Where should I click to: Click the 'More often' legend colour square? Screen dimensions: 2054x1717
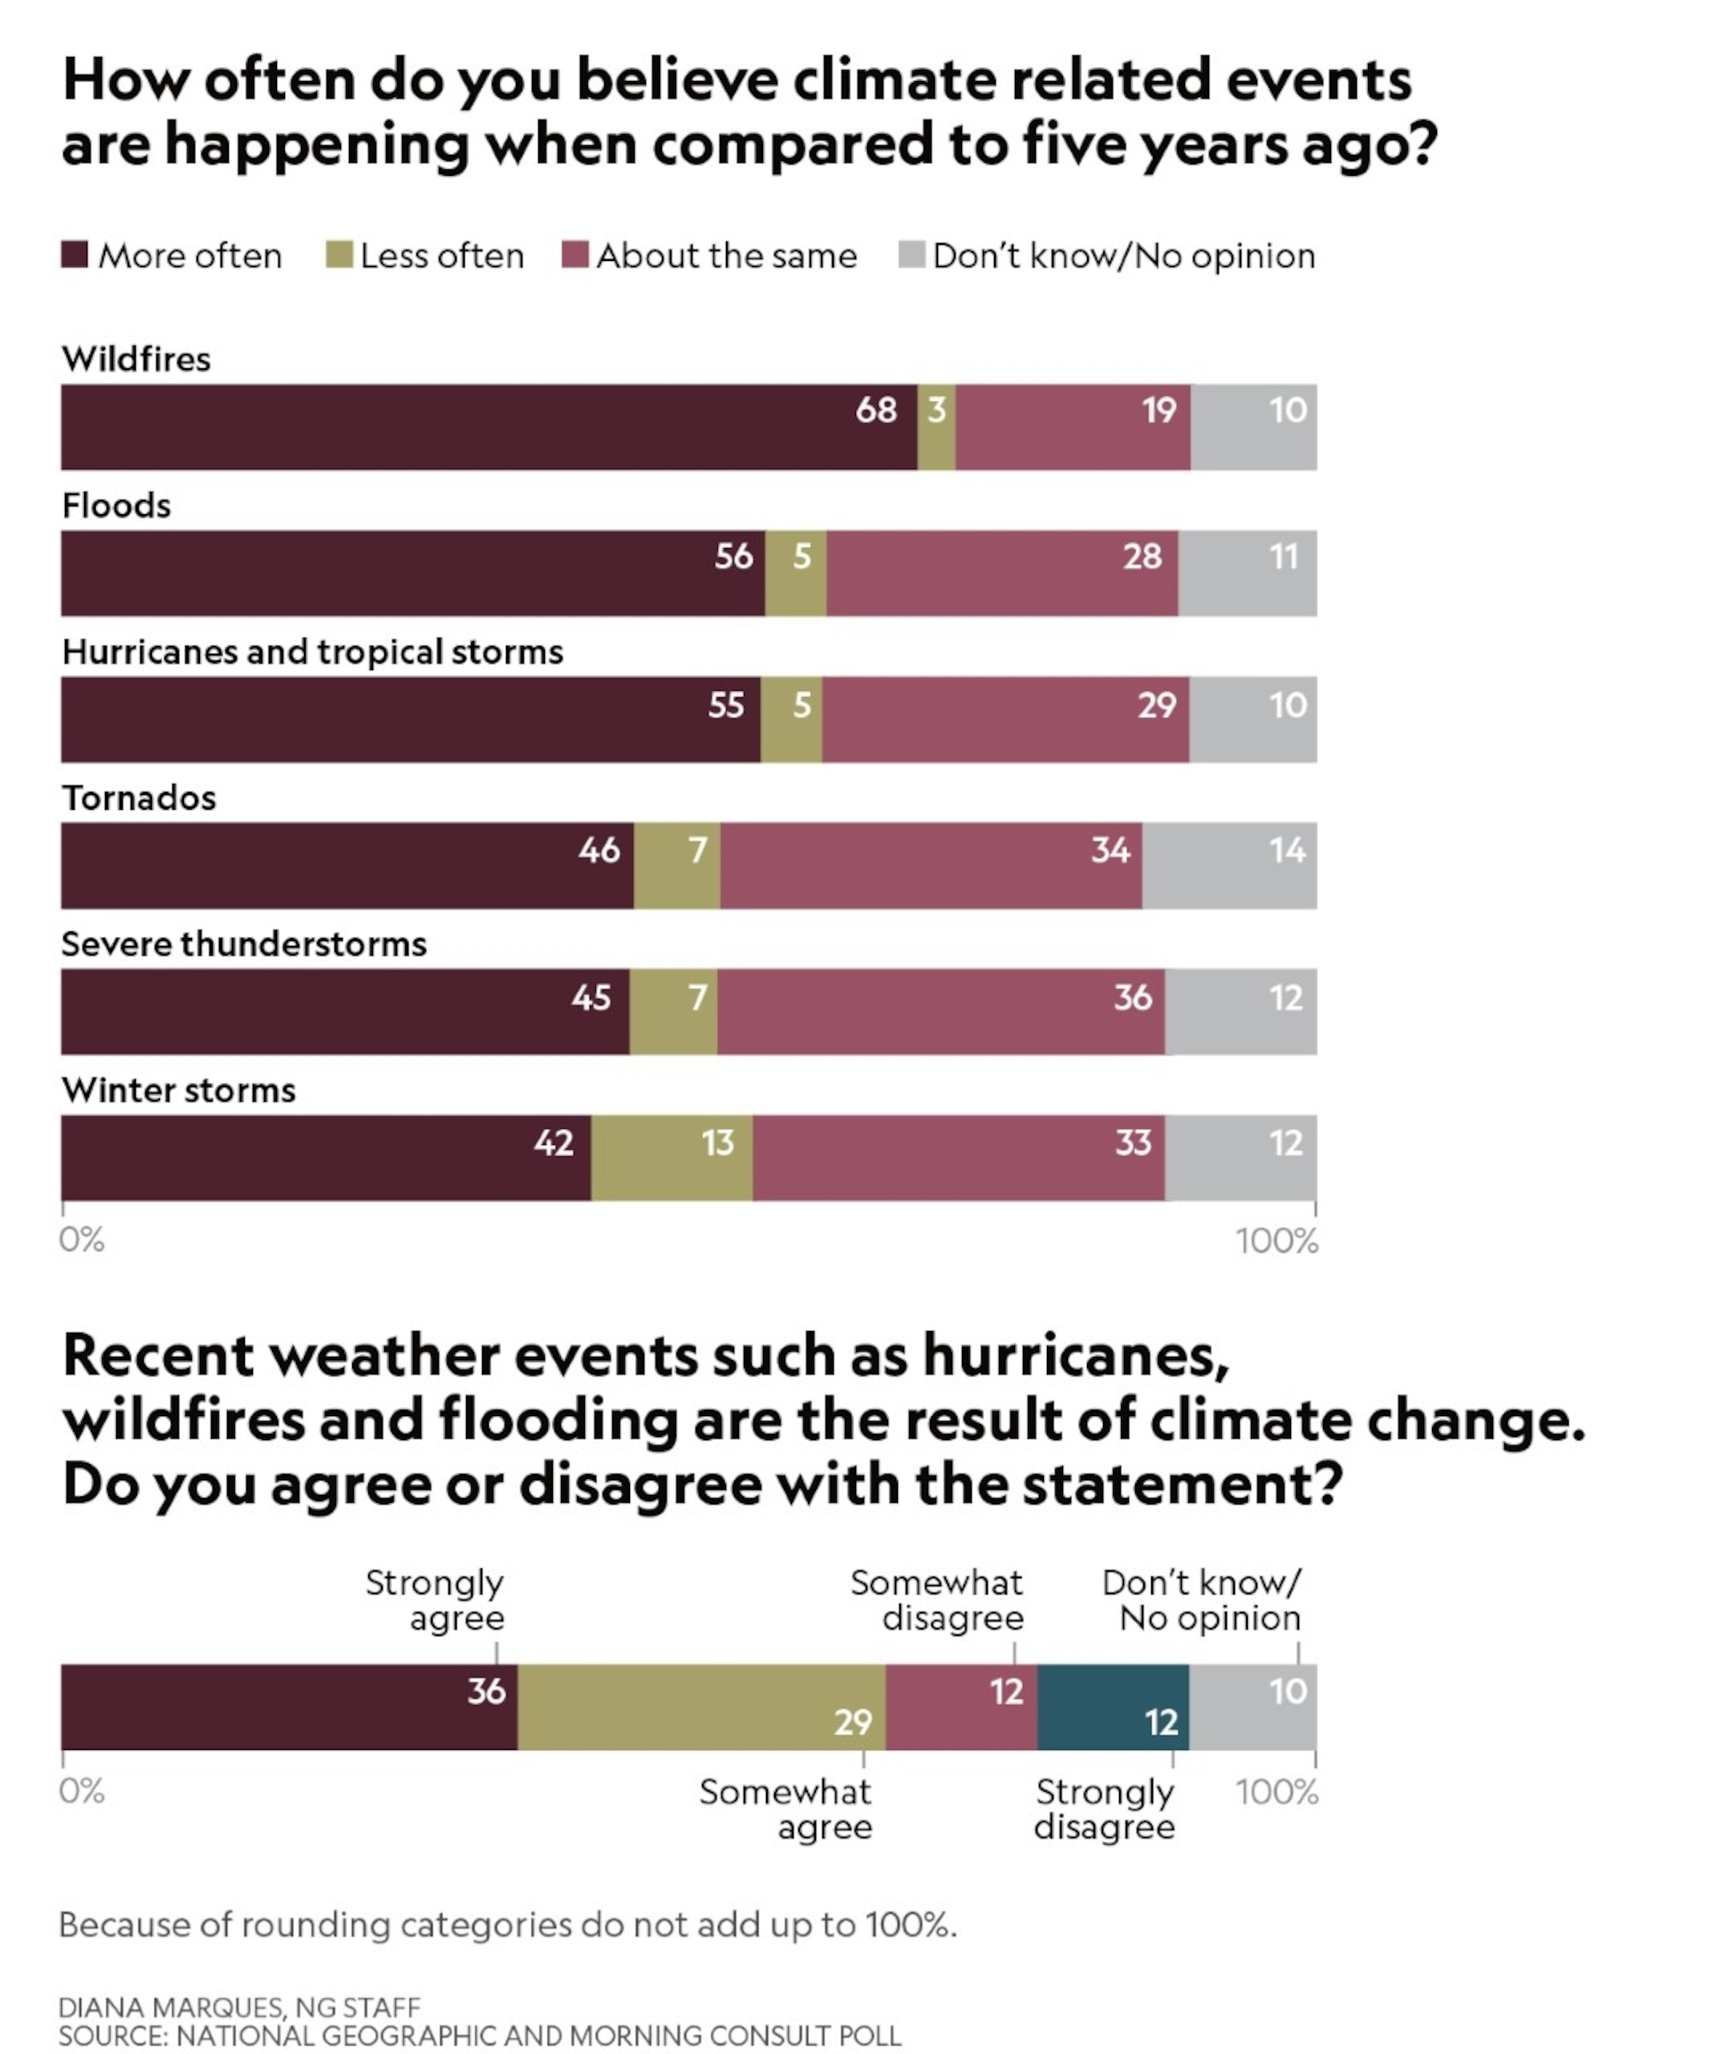74,255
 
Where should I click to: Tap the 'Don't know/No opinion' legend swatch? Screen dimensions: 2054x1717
911,255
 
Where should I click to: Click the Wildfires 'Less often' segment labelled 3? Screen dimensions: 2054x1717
936,427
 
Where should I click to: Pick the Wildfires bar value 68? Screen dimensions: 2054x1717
876,410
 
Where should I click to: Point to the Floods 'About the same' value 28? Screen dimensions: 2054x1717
1142,556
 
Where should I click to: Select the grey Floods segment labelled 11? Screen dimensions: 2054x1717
1248,573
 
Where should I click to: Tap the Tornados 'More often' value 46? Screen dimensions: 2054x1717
599,850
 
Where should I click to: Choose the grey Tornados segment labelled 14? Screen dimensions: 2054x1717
1229,866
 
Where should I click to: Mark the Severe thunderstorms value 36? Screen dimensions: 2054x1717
1133,998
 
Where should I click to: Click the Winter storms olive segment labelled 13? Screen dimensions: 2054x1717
672,1158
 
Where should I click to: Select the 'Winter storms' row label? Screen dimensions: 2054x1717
178,1091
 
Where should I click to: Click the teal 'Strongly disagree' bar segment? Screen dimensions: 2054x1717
1113,1707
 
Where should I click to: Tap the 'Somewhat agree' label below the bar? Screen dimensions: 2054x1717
786,1809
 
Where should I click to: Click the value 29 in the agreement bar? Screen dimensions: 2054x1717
852,1722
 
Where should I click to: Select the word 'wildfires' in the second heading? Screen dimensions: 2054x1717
184,1420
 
